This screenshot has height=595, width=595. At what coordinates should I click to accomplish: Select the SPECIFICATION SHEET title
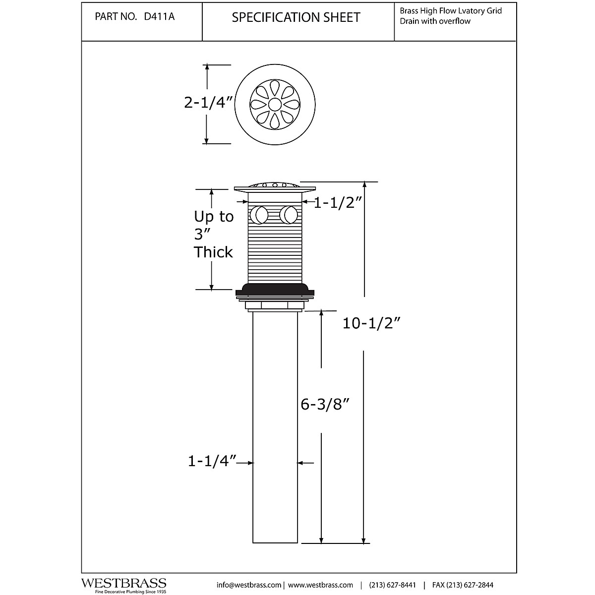click(296, 17)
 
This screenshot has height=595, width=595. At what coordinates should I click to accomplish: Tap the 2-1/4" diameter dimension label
click(208, 103)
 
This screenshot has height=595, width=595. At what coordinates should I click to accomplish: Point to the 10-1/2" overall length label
click(371, 323)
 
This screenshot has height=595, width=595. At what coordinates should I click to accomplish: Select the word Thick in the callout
click(213, 252)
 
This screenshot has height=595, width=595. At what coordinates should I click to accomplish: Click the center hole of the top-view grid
click(274, 104)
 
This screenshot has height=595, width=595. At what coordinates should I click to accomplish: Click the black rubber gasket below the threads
click(274, 289)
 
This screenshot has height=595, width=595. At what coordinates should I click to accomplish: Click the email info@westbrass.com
click(249, 585)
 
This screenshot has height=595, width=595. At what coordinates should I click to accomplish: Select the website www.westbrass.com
click(320, 585)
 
